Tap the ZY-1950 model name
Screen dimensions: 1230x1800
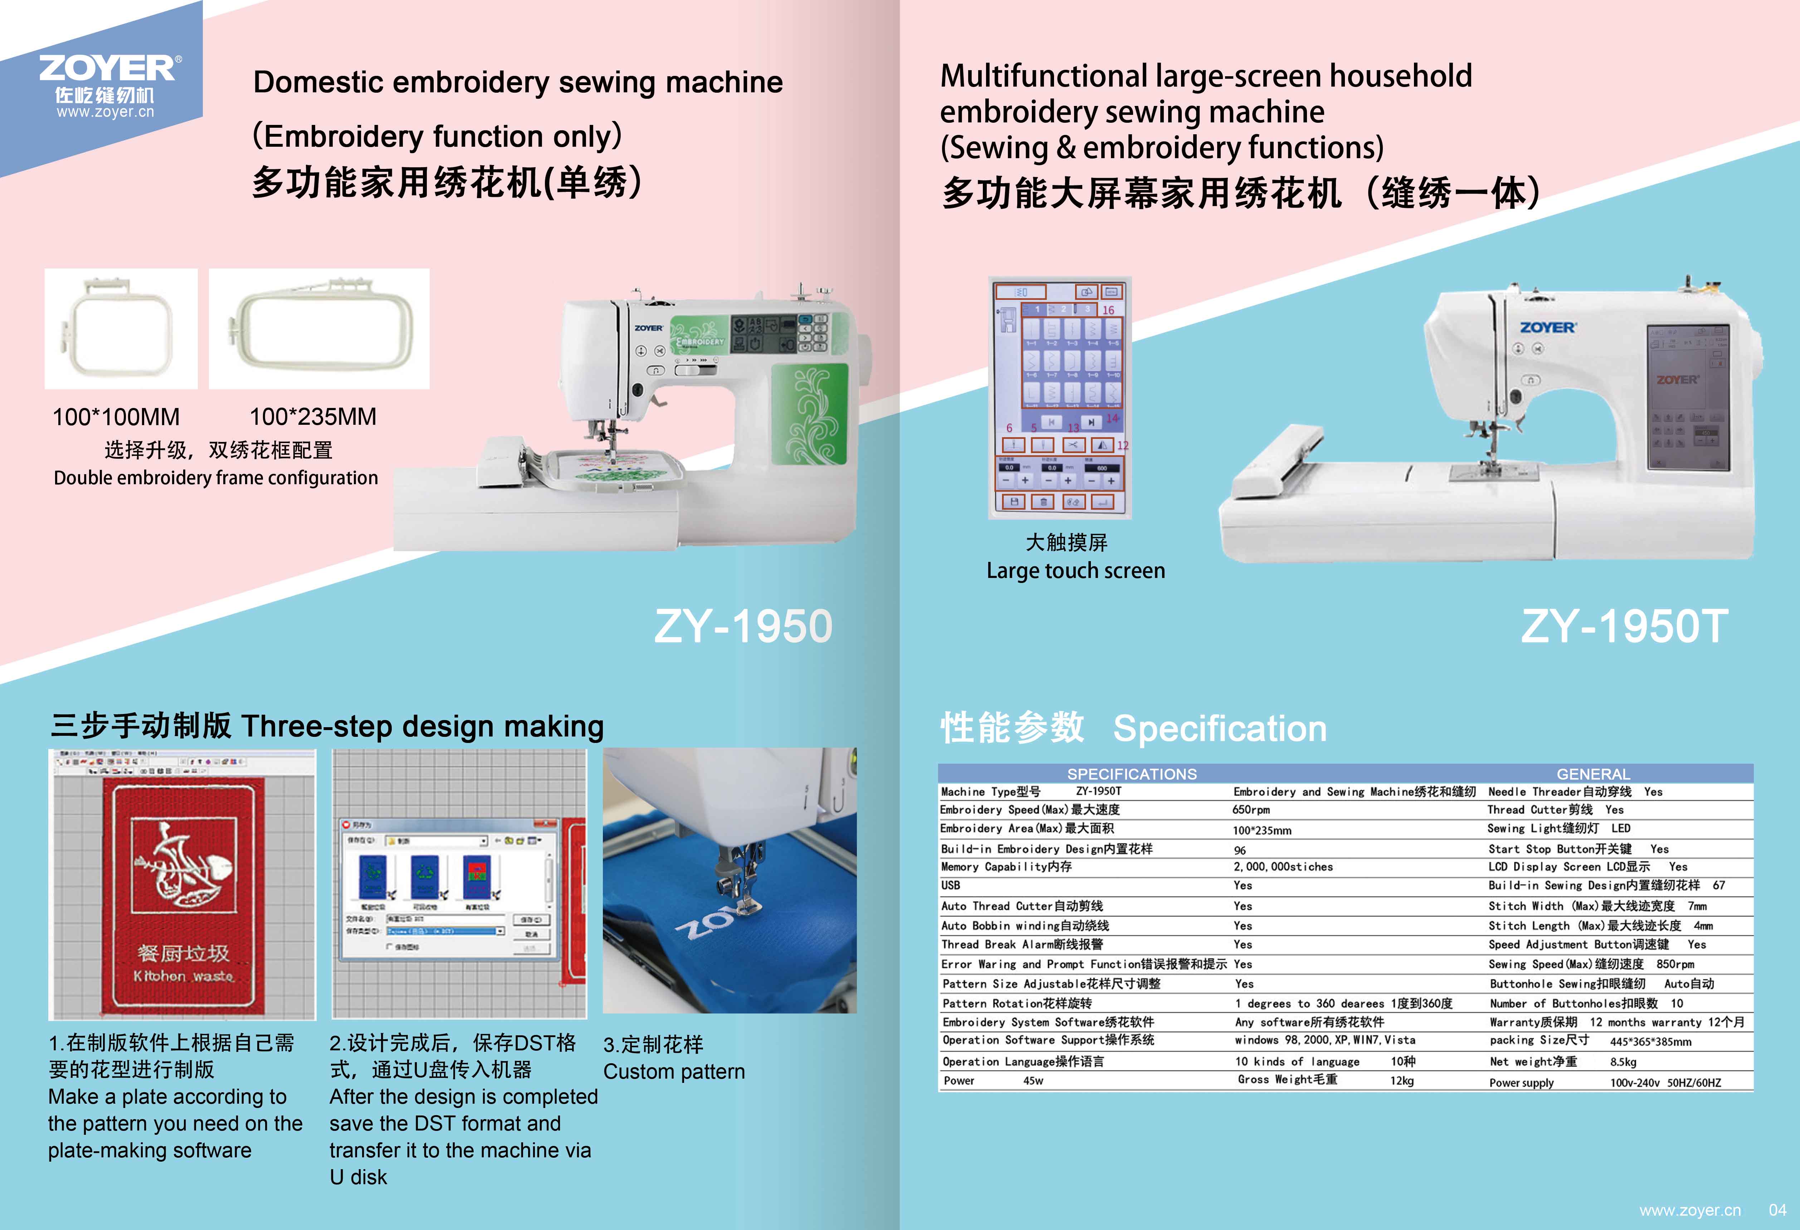tap(743, 626)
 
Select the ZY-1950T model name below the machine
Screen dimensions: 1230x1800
tap(1623, 626)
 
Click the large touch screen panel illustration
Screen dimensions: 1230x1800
tap(1059, 397)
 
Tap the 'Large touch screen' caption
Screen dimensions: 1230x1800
tap(1075, 571)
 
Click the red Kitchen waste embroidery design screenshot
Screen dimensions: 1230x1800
tap(183, 885)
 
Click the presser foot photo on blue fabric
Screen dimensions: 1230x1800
tap(730, 881)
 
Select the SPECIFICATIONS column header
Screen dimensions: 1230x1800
tap(1132, 774)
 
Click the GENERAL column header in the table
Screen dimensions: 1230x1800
tap(1593, 774)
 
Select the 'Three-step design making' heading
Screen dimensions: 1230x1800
tap(422, 726)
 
